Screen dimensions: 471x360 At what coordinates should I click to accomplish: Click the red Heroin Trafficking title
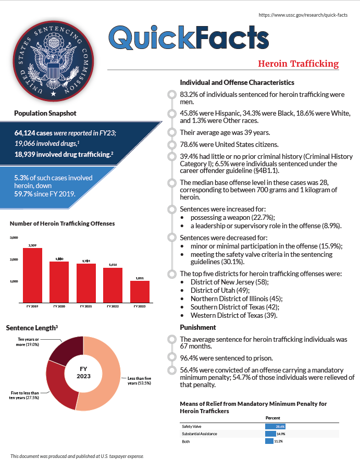(x=298, y=64)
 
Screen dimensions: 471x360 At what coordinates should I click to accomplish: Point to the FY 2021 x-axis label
(x=86, y=307)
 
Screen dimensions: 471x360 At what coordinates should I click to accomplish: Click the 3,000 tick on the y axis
(x=14, y=238)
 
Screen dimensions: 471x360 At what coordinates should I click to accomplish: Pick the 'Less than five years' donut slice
(x=107, y=370)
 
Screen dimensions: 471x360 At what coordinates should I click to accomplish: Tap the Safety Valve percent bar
(x=275, y=426)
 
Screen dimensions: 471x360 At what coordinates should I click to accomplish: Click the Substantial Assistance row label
(x=200, y=433)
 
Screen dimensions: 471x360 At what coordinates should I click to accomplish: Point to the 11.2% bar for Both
(x=269, y=441)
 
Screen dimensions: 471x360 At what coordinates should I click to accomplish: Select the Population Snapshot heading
(x=45, y=113)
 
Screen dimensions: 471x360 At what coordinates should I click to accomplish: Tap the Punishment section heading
(x=197, y=327)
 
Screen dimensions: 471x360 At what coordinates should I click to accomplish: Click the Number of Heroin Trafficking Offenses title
(x=62, y=224)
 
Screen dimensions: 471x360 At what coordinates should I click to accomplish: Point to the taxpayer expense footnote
(x=77, y=456)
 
